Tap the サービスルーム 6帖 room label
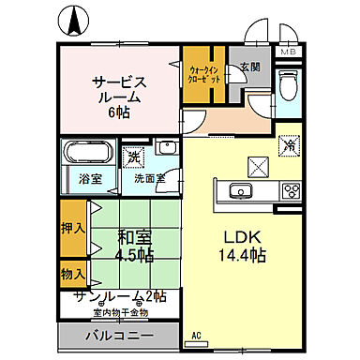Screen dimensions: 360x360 [x=119, y=95]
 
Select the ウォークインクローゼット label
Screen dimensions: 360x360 [x=203, y=74]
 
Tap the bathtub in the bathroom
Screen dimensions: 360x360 [x=88, y=154]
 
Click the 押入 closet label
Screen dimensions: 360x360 [x=72, y=227]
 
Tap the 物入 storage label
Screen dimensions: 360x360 [x=72, y=274]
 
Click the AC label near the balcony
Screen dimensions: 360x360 [x=197, y=335]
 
